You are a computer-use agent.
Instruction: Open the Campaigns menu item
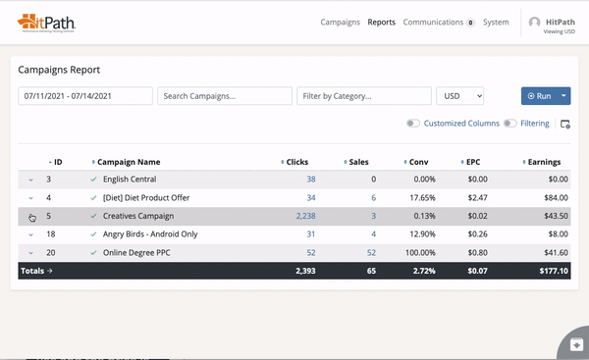click(x=340, y=22)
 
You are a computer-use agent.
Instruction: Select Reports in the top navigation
click(x=382, y=22)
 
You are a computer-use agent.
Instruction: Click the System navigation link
click(x=496, y=22)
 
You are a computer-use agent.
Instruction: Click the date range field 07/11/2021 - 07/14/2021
click(x=84, y=96)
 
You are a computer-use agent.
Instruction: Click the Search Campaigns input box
click(x=225, y=96)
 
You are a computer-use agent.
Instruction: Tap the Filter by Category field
click(x=364, y=96)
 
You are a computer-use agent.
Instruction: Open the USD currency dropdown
click(x=460, y=96)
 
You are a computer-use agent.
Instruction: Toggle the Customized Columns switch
click(x=413, y=124)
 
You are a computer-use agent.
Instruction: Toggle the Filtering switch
click(x=509, y=124)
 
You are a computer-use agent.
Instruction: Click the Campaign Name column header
click(x=131, y=162)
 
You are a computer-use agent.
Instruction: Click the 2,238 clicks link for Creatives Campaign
click(x=305, y=216)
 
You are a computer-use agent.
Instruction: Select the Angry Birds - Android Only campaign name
click(x=149, y=234)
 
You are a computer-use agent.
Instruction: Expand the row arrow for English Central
click(x=30, y=180)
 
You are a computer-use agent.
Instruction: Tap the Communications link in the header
click(x=433, y=22)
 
